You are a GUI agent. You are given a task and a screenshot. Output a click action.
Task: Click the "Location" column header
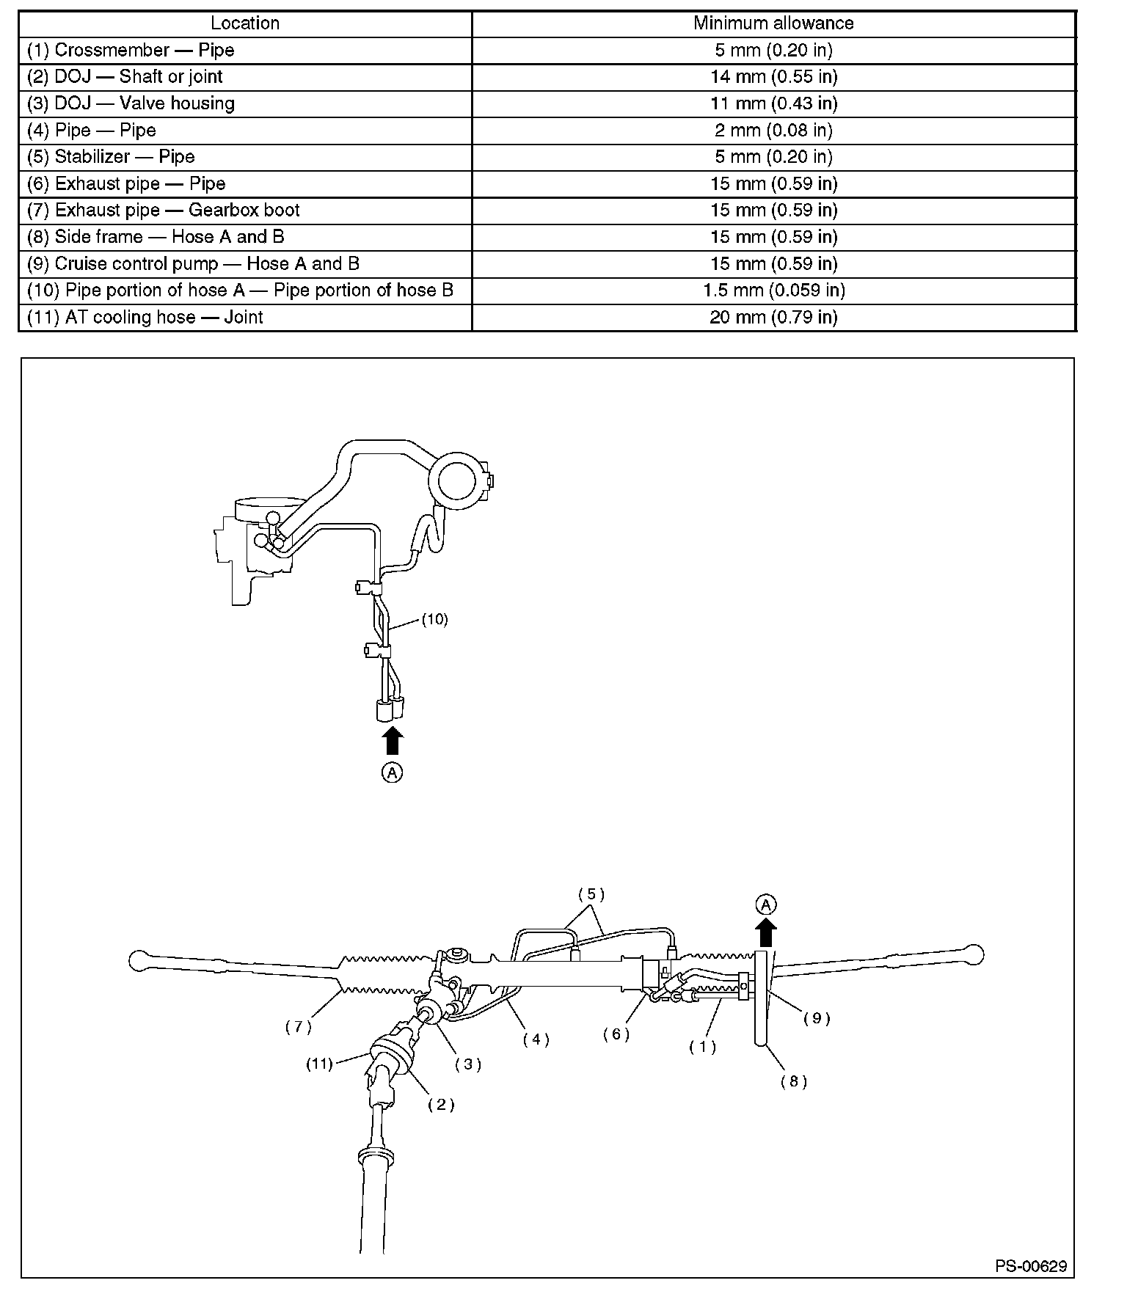point(245,23)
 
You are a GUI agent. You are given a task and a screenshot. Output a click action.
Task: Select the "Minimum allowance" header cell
point(773,23)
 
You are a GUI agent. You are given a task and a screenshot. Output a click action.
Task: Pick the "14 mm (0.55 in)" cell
point(773,77)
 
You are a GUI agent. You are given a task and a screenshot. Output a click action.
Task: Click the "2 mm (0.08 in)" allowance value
point(773,131)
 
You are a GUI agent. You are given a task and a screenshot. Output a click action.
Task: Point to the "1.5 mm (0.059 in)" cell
point(773,290)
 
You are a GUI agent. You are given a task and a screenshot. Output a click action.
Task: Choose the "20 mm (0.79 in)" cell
point(773,317)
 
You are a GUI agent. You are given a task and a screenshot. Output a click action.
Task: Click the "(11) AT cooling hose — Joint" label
point(145,317)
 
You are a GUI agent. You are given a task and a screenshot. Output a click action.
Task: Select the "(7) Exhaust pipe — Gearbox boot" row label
point(164,211)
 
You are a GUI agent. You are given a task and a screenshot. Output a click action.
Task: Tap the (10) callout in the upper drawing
point(434,619)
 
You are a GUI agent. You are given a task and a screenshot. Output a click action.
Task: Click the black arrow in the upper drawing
point(393,740)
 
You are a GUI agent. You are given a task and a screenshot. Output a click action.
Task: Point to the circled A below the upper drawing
point(393,772)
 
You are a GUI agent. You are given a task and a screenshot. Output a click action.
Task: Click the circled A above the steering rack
point(766,904)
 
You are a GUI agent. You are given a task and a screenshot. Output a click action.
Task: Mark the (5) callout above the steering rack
point(591,894)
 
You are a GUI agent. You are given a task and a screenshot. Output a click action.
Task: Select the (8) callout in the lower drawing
point(794,1081)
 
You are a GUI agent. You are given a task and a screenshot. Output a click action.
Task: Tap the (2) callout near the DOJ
point(441,1105)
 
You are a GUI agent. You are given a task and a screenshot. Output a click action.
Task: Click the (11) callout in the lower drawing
point(319,1063)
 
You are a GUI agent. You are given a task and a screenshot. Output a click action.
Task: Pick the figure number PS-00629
point(1031,1266)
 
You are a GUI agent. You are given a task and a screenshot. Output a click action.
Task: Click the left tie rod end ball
point(139,959)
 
